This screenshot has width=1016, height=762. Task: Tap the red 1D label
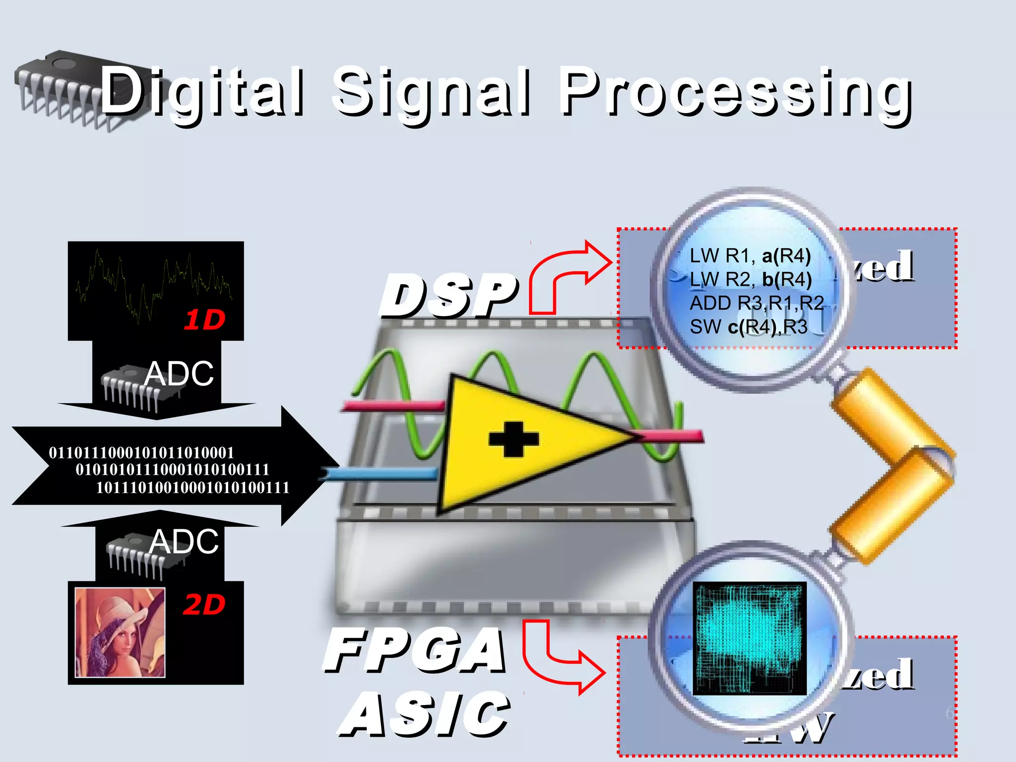click(204, 320)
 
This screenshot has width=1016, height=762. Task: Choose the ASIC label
click(424, 714)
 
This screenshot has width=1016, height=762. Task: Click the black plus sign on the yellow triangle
click(513, 439)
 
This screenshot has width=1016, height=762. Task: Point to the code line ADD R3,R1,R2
click(757, 303)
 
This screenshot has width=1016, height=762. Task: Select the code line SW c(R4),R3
click(748, 327)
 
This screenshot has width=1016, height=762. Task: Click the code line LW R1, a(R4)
click(750, 256)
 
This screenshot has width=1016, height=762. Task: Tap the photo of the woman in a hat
click(120, 633)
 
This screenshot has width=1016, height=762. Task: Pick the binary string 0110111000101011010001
click(141, 453)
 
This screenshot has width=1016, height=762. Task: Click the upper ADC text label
click(179, 374)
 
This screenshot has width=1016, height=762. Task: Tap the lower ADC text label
click(184, 541)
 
